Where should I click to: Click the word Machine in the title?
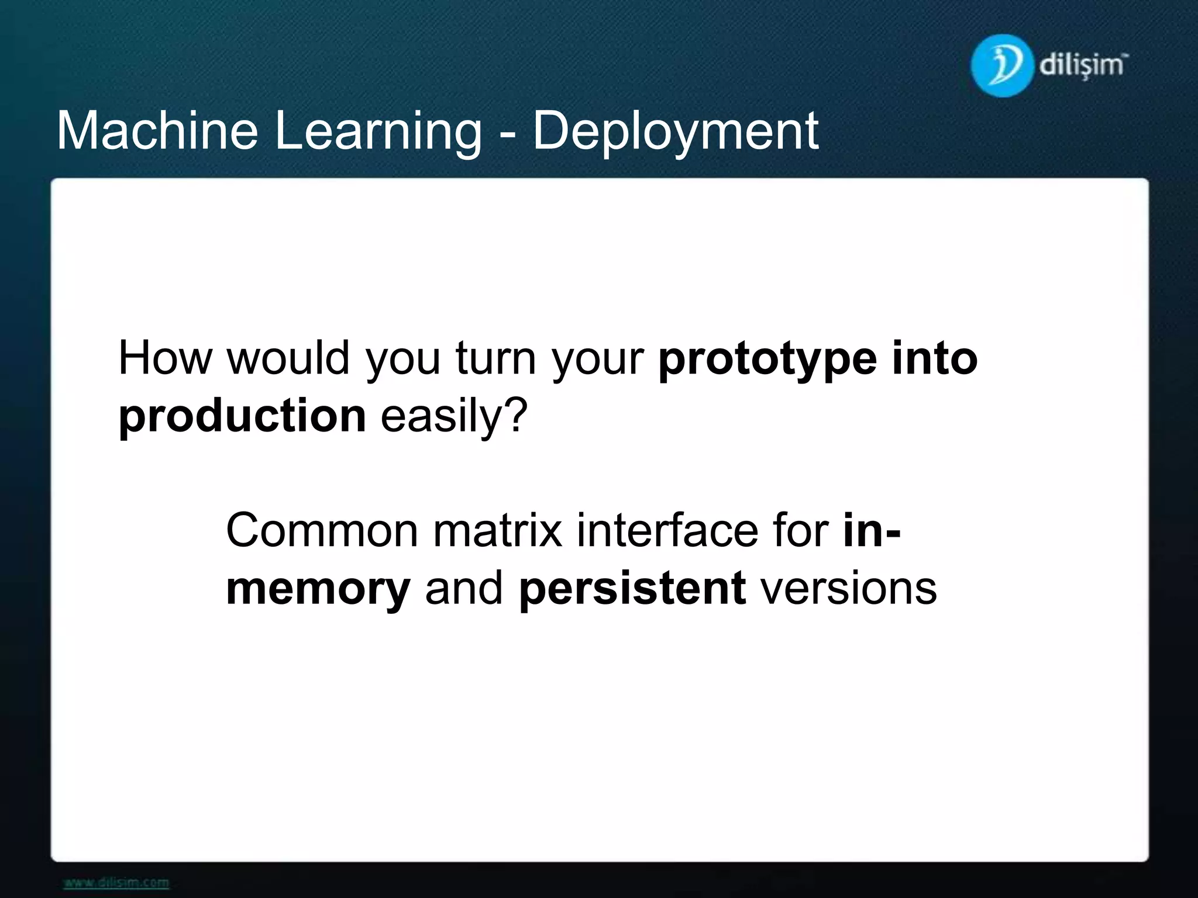157,131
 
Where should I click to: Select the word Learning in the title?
377,132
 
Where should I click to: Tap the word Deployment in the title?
675,132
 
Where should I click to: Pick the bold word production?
242,416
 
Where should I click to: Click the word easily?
442,417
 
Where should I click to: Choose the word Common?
321,531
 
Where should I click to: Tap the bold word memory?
318,589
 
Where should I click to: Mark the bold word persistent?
632,588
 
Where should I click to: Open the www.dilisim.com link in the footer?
116,882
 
